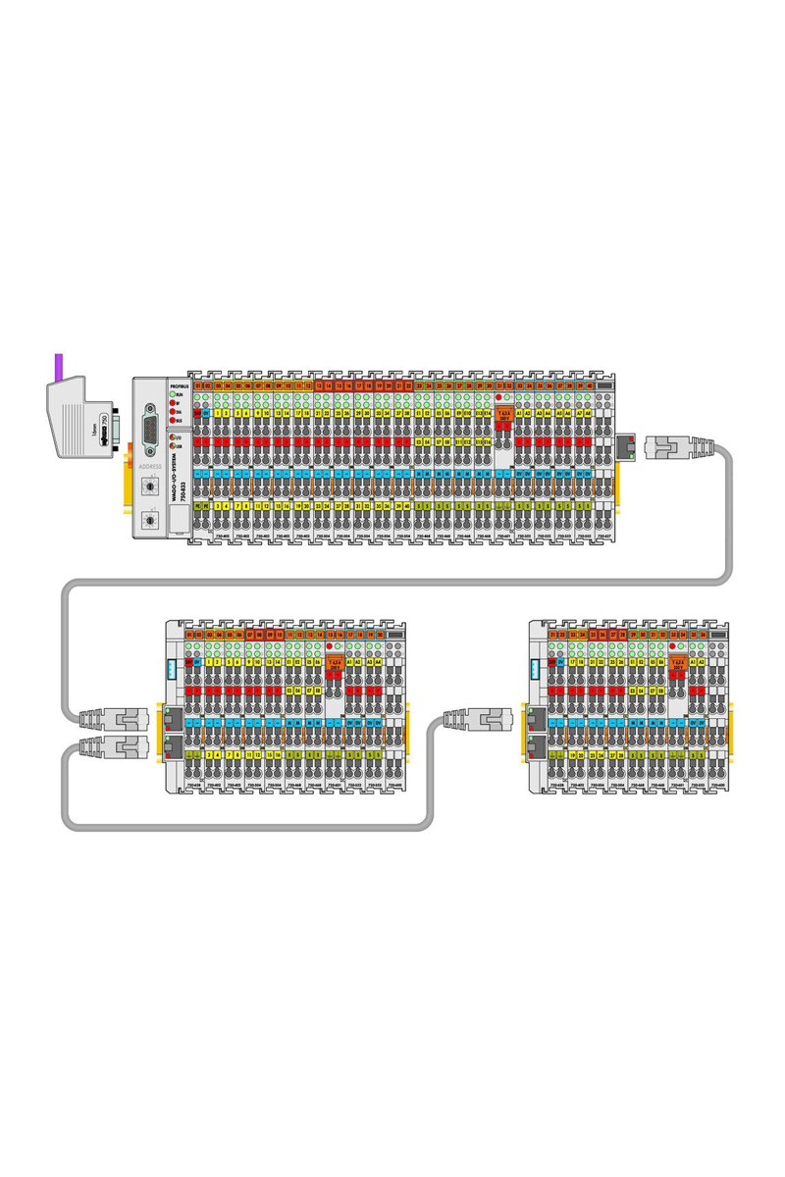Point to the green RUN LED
173,392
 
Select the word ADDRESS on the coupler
151,467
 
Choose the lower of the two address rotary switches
151,519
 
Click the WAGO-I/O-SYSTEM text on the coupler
174,480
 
